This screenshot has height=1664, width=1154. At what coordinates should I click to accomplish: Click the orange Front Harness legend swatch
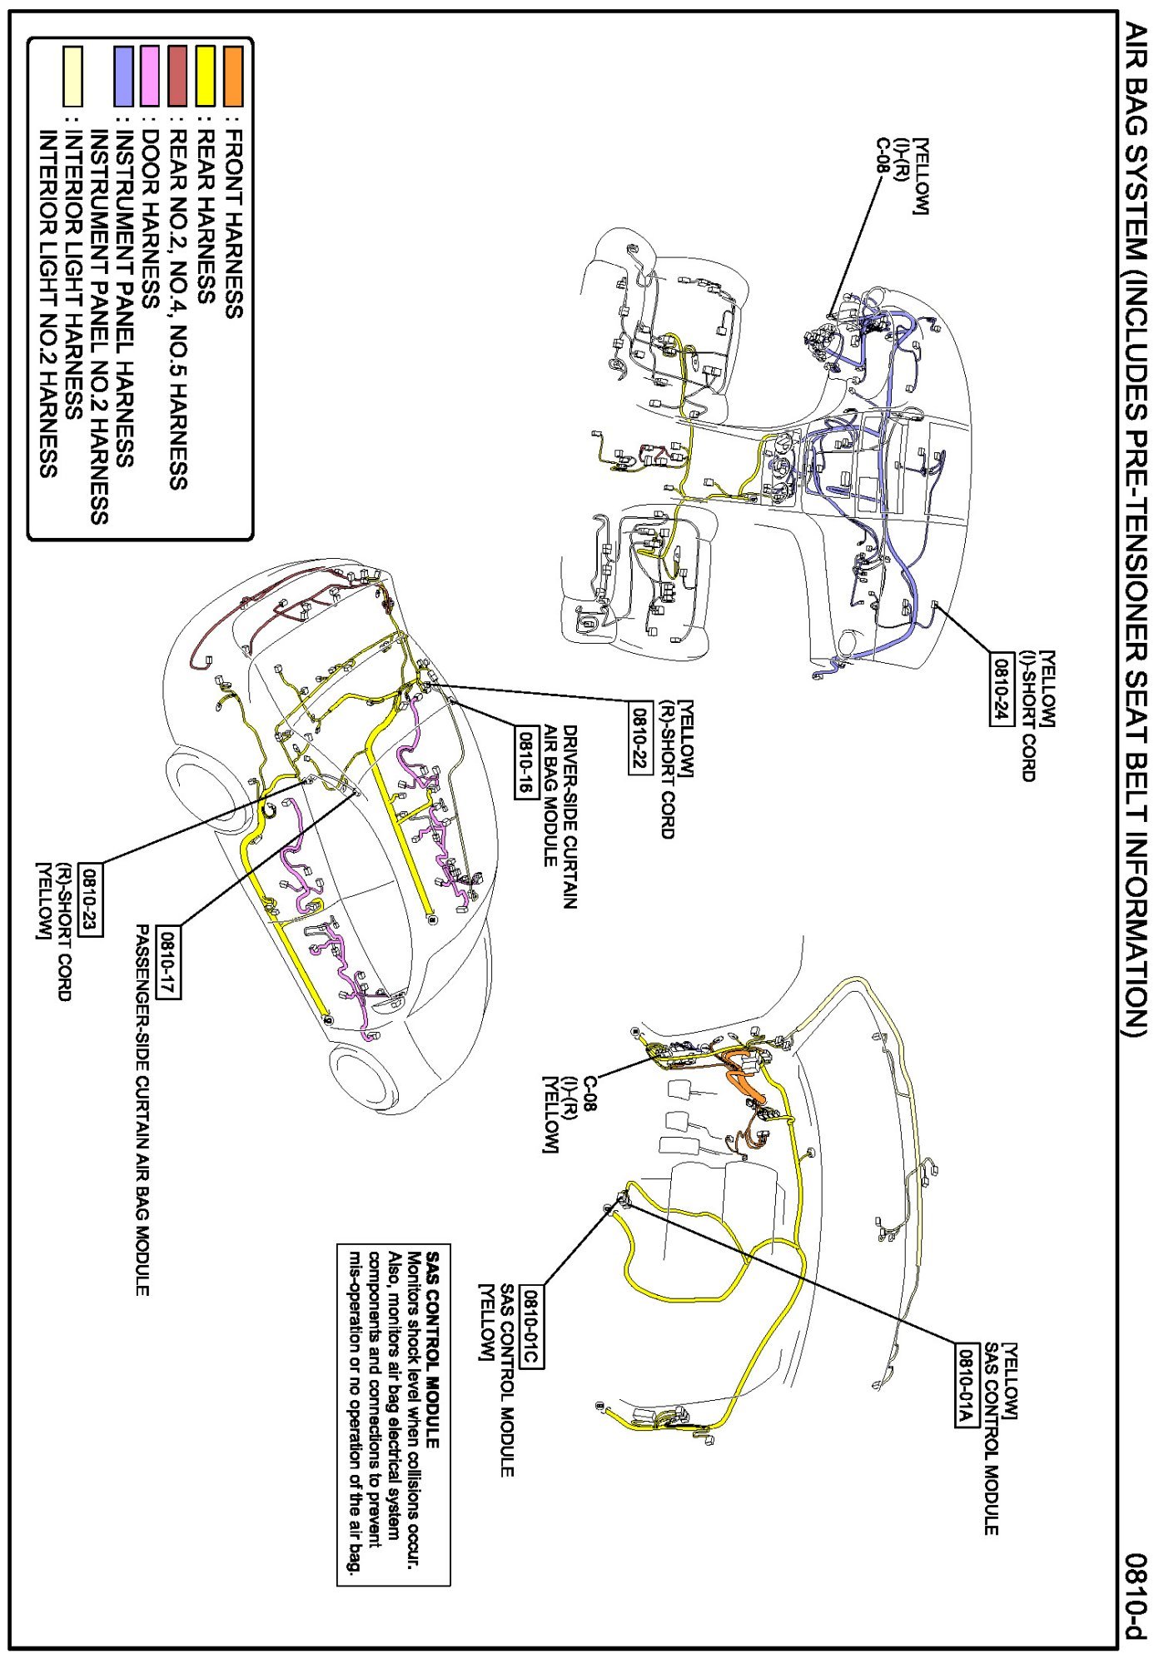point(233,77)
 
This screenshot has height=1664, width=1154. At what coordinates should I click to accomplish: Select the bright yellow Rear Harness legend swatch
point(205,77)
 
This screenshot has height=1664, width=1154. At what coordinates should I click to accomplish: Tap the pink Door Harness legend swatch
point(150,77)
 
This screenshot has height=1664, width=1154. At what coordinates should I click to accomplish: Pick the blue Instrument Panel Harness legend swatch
point(123,77)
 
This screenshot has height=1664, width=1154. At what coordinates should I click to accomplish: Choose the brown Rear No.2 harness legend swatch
point(177,77)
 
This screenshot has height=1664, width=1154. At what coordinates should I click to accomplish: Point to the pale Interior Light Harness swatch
point(73,77)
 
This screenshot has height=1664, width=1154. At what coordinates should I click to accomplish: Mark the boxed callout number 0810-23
point(90,903)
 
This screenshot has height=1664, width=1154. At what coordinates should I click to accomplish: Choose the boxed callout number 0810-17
point(169,962)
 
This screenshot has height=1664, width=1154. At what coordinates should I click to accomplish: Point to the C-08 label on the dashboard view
point(882,156)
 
